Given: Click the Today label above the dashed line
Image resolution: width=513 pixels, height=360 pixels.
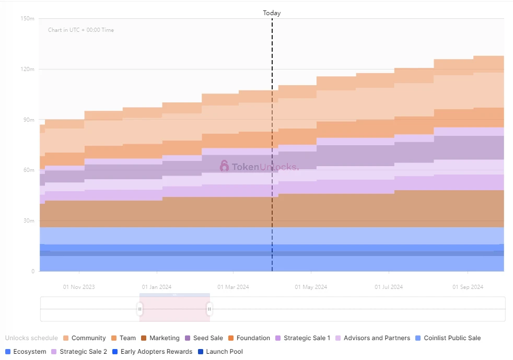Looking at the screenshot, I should (x=272, y=13).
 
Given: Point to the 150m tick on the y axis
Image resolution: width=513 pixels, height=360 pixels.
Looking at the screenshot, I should (x=28, y=19).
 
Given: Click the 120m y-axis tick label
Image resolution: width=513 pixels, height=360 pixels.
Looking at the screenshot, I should (x=28, y=69).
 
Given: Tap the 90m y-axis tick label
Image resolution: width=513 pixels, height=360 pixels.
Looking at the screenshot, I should (x=28, y=120).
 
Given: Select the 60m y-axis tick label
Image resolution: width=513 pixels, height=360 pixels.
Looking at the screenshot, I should (x=28, y=170).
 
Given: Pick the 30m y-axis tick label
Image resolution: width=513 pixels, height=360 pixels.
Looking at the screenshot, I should (x=28, y=221).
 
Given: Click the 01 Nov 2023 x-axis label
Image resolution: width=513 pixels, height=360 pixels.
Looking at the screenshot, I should (x=79, y=287).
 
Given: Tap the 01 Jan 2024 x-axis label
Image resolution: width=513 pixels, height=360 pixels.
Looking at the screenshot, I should (x=157, y=287).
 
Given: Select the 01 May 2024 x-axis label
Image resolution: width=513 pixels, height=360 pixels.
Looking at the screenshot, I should (x=311, y=287).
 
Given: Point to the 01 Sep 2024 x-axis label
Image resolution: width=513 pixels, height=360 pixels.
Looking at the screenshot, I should (x=468, y=287).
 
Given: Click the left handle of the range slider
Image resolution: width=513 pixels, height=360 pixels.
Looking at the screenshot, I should (x=140, y=309).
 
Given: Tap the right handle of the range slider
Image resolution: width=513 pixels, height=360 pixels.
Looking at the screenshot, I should (x=209, y=309).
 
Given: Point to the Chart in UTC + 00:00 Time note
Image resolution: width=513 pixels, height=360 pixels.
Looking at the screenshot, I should (x=81, y=30).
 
